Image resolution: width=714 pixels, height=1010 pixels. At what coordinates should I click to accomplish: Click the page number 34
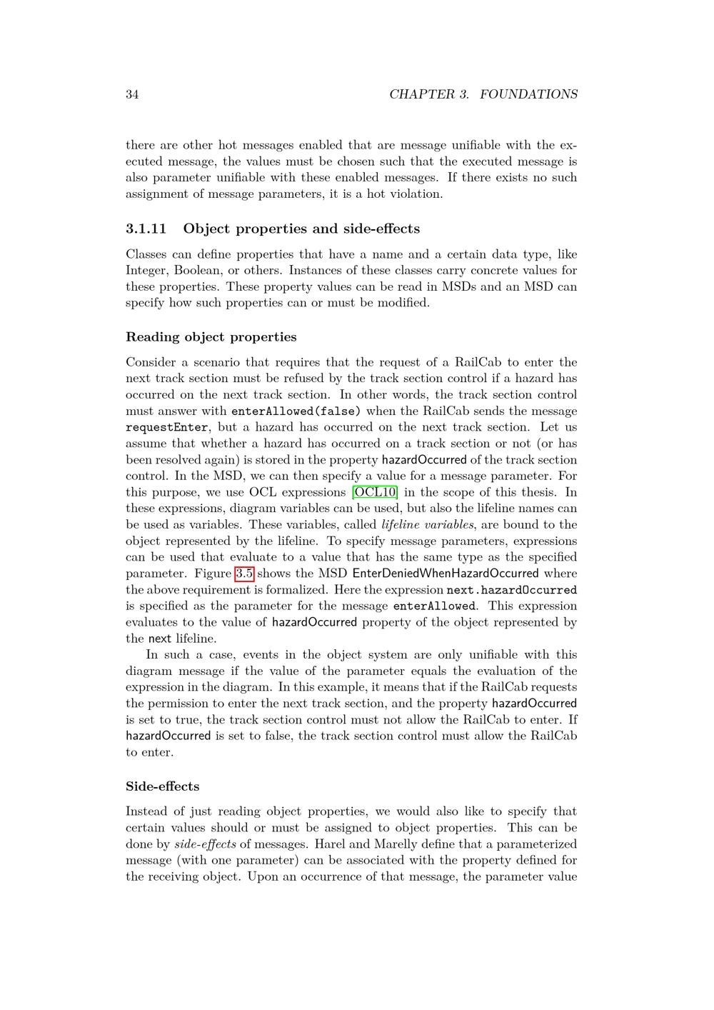tap(132, 94)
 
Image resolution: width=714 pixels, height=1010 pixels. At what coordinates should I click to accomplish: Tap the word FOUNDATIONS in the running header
tap(528, 94)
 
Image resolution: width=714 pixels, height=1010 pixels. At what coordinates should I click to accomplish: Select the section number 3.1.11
tap(146, 229)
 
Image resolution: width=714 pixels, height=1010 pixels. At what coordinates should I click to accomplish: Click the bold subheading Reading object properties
tap(211, 337)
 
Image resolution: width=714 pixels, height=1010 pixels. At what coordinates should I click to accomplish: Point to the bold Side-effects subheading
tap(163, 786)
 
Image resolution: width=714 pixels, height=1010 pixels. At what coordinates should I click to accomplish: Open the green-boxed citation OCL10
tap(375, 492)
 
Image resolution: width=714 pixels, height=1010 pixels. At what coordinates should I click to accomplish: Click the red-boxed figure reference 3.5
tap(244, 574)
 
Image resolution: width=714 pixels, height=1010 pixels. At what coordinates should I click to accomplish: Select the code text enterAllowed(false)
tap(296, 411)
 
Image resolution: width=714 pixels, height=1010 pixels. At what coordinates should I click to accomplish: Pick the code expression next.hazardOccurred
tap(511, 590)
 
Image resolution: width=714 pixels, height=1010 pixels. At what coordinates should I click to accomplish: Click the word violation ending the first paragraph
tap(417, 194)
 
